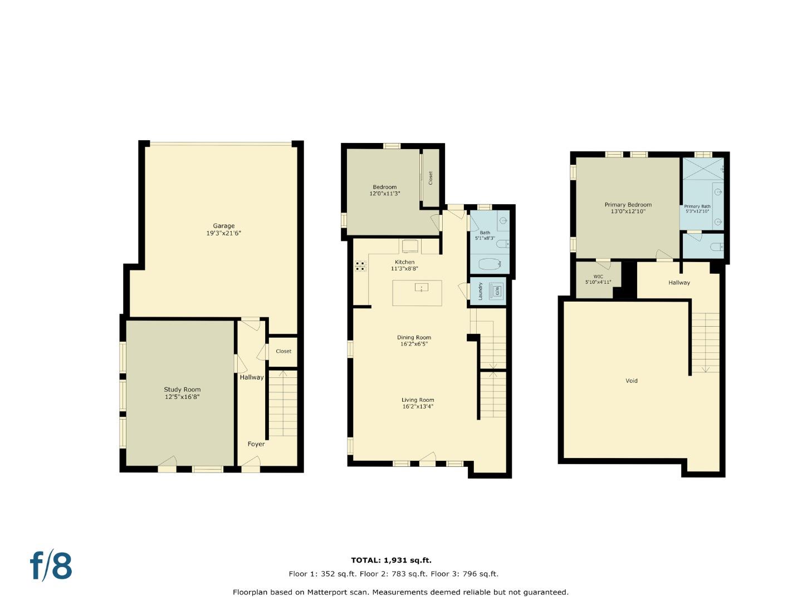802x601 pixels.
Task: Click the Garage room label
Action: click(223, 226)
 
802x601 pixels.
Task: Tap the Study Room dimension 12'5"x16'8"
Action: click(182, 397)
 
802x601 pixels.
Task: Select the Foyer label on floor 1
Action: click(256, 444)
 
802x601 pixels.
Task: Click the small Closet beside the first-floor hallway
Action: click(283, 352)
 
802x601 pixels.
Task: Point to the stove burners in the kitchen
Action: click(360, 266)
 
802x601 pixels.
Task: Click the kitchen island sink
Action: click(422, 288)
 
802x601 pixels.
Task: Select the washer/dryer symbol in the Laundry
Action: click(496, 290)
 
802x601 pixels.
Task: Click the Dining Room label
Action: click(414, 337)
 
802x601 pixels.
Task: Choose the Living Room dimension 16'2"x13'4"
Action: click(418, 407)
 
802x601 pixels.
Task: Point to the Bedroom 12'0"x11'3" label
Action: click(385, 190)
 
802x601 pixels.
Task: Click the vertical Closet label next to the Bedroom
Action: click(431, 178)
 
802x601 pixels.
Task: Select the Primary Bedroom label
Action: click(628, 205)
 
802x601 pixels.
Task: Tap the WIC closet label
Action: click(598, 277)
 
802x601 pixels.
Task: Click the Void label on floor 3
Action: click(632, 381)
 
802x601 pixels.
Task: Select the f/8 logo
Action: click(51, 566)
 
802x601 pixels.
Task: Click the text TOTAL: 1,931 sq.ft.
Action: click(391, 560)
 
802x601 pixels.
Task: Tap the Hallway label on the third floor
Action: click(679, 283)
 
